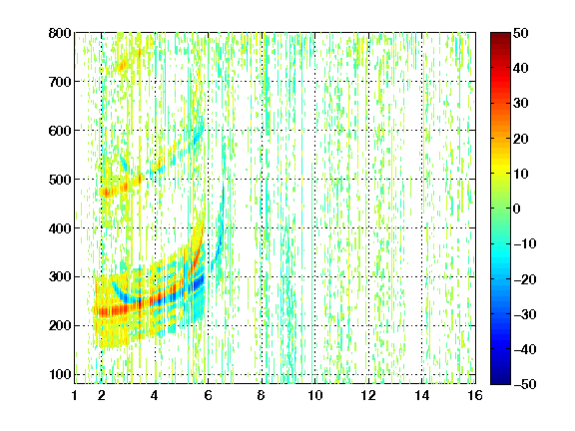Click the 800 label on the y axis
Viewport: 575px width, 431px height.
(x=60, y=33)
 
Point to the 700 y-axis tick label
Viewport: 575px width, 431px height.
(x=60, y=82)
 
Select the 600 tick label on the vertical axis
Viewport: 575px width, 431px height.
(x=60, y=131)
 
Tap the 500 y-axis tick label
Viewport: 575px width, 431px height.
(x=60, y=180)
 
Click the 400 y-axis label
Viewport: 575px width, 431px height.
(x=60, y=228)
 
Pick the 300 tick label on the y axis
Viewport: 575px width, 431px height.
(x=60, y=277)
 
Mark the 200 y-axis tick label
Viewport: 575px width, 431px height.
(x=60, y=326)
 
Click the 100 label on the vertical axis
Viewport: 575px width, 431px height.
(x=60, y=374)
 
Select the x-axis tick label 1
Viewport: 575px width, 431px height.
(x=75, y=395)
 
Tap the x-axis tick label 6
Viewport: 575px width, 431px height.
(x=209, y=395)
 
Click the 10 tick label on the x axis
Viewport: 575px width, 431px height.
(x=315, y=395)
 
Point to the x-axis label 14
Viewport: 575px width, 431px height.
(x=422, y=395)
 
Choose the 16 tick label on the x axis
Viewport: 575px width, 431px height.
(x=475, y=395)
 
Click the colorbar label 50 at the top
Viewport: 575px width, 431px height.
(x=521, y=33)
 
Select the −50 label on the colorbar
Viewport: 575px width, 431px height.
(x=525, y=384)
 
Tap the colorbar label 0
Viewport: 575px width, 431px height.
(x=517, y=209)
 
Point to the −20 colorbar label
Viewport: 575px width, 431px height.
(x=525, y=279)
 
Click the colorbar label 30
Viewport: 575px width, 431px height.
(x=521, y=103)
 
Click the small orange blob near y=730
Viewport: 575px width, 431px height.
(x=123, y=66)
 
